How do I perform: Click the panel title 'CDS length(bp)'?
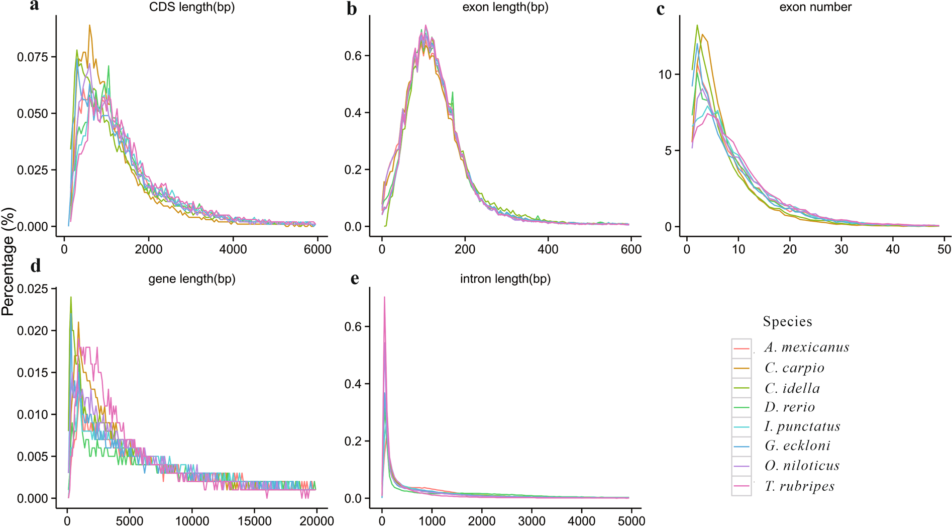[x=191, y=8]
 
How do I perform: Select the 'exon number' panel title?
[x=815, y=7]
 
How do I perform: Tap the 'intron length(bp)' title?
[x=505, y=279]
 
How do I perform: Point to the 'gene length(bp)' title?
[x=191, y=279]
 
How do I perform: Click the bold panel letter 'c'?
[x=661, y=9]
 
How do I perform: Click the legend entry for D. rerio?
[x=789, y=407]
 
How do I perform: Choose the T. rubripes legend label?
[x=799, y=486]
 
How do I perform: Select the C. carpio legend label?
[x=794, y=368]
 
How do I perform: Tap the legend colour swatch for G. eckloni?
[x=742, y=447]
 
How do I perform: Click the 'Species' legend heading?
[x=787, y=322]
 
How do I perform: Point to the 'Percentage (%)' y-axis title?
[x=8, y=261]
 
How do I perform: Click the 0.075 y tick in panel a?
[x=33, y=57]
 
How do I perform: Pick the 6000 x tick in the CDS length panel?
[x=317, y=249]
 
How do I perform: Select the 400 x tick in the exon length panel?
[x=548, y=249]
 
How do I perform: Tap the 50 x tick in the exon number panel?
[x=943, y=249]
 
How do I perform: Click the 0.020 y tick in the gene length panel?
[x=33, y=331]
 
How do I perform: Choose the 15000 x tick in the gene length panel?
[x=254, y=521]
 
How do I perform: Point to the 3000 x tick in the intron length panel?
[x=532, y=521]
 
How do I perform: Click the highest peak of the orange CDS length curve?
[x=90, y=25]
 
